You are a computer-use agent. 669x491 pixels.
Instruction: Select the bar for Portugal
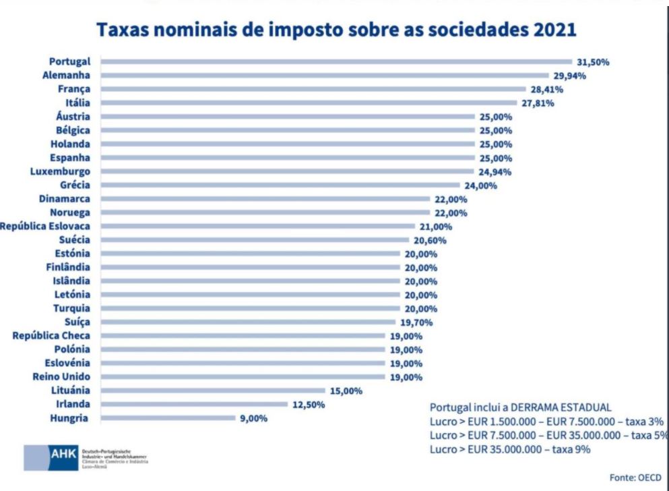(x=337, y=61)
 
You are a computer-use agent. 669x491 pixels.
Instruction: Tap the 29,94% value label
(x=567, y=76)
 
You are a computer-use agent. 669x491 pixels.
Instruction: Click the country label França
(x=75, y=89)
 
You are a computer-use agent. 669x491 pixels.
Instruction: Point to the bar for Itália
(x=310, y=103)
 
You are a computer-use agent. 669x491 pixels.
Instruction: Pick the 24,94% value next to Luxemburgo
(x=493, y=171)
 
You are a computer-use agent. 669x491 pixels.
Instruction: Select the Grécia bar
(x=280, y=185)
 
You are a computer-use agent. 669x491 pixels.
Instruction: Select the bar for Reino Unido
(x=243, y=376)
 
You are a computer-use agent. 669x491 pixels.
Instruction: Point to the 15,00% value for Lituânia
(x=347, y=391)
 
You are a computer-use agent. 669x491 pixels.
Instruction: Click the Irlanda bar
(x=195, y=404)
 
